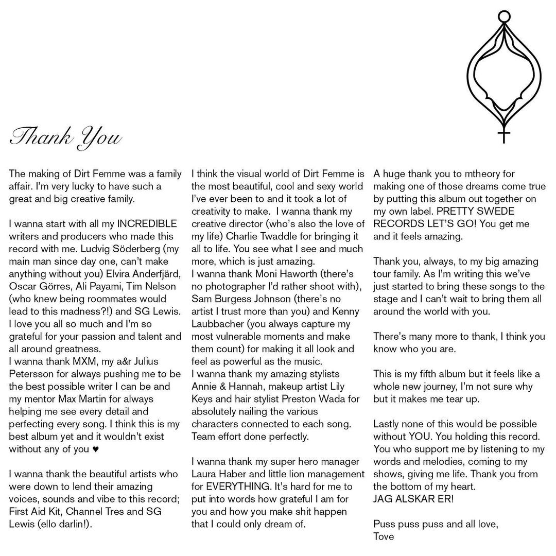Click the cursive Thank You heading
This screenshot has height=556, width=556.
65,137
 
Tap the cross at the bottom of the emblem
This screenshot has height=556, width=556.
504,136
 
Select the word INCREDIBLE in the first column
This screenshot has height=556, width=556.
147,224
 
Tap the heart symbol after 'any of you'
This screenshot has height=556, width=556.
95,448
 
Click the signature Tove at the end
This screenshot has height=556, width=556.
384,536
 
